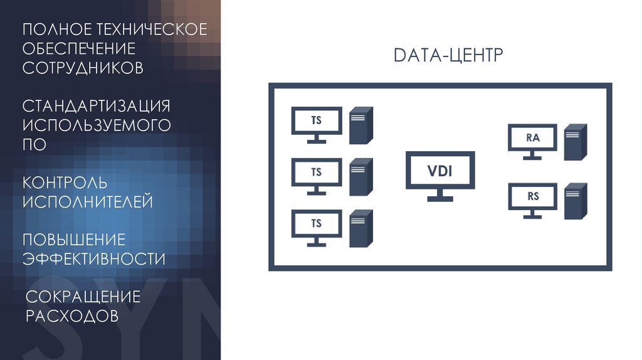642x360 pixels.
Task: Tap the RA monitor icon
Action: tap(532, 139)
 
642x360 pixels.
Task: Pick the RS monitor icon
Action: tap(532, 198)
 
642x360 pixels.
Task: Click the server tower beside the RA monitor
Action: tap(575, 142)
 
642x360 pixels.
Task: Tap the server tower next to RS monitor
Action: tap(575, 201)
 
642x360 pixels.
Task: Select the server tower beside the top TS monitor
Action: tap(360, 124)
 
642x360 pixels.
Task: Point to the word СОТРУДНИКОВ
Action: tap(83, 68)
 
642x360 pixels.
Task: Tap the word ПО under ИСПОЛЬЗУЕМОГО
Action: tap(34, 144)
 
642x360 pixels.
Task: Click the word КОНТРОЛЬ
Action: tap(65, 183)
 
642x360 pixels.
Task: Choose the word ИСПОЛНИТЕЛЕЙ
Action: tap(88, 201)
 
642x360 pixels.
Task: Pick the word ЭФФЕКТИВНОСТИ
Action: tap(94, 258)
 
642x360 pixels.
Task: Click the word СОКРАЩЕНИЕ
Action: tap(83, 296)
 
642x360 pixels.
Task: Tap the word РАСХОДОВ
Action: tap(71, 315)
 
